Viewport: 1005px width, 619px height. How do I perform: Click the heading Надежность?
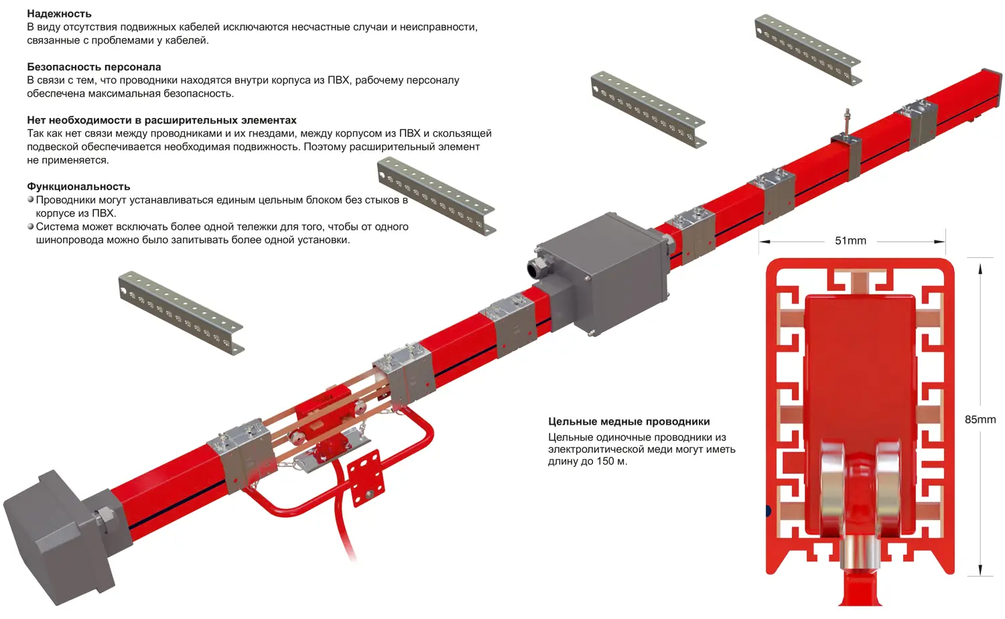pyautogui.click(x=59, y=14)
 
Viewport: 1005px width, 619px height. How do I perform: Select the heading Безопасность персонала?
pyautogui.click(x=94, y=67)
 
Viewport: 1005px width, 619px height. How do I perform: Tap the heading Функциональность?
pyautogui.click(x=78, y=186)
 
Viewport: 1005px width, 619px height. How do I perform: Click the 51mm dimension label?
pyautogui.click(x=850, y=241)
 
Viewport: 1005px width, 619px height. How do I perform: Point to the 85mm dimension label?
pyautogui.click(x=980, y=419)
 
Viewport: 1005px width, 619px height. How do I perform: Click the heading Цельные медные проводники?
pyautogui.click(x=629, y=421)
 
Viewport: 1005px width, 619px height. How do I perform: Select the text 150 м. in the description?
pyautogui.click(x=612, y=462)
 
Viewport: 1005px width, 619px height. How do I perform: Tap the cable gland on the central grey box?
pyautogui.click(x=537, y=269)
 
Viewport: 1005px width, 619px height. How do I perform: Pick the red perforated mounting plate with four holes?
pyautogui.click(x=366, y=478)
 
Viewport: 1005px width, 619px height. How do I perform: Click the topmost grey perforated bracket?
pyautogui.click(x=808, y=50)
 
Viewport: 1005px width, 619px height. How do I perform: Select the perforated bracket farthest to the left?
pyautogui.click(x=182, y=313)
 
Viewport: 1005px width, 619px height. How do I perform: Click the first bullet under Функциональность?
pyautogui.click(x=222, y=206)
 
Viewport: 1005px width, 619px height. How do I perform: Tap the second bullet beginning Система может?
pyautogui.click(x=222, y=233)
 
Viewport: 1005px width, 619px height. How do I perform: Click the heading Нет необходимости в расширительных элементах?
pyautogui.click(x=161, y=120)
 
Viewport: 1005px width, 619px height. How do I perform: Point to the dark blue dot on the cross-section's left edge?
pyautogui.click(x=768, y=510)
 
